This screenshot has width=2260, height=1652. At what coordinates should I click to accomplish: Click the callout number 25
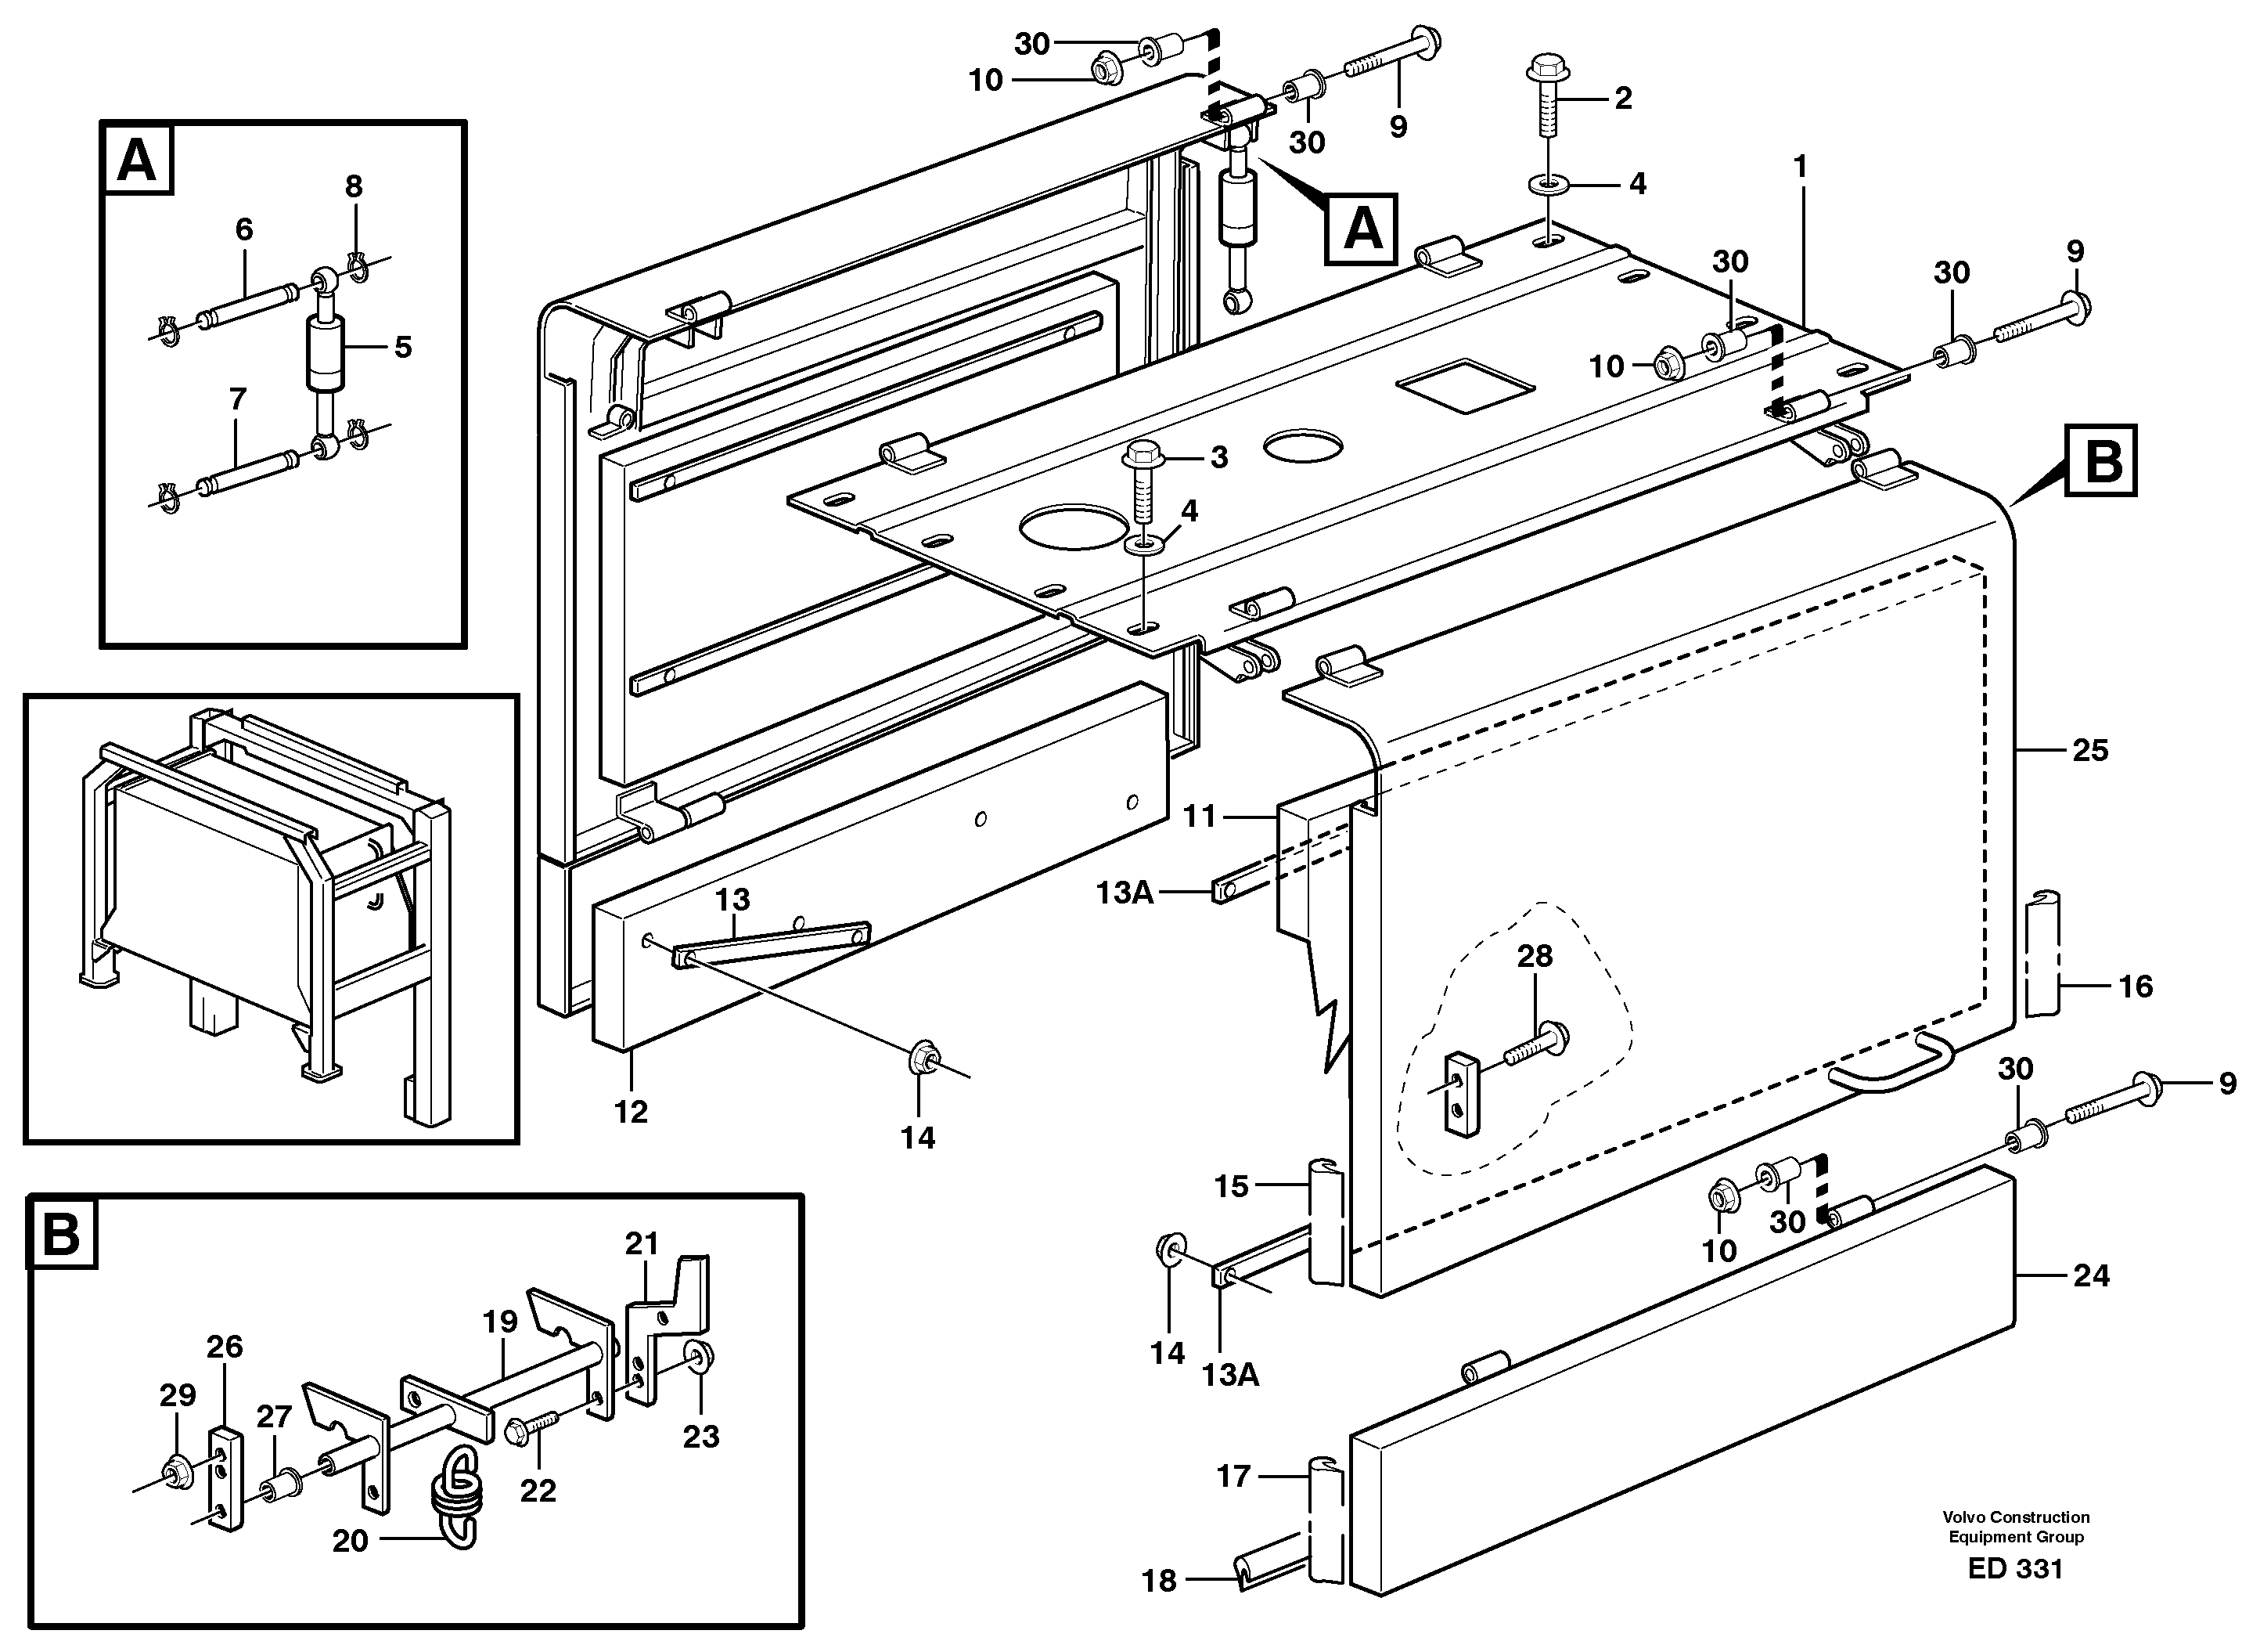click(x=2090, y=751)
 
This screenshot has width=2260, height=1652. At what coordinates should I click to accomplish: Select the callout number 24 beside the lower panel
click(x=2091, y=1276)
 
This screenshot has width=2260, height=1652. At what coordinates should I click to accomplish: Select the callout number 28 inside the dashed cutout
click(x=1535, y=957)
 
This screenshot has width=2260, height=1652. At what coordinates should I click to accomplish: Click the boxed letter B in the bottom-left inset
click(x=62, y=1233)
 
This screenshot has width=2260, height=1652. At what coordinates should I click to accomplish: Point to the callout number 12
click(x=631, y=1111)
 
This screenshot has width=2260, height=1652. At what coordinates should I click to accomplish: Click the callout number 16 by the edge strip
click(x=2135, y=987)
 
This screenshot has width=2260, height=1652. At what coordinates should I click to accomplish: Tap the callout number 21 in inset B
click(x=642, y=1244)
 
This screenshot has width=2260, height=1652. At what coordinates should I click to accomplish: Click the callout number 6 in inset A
click(x=244, y=230)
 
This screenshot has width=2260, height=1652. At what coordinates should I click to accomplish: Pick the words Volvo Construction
click(x=2015, y=1517)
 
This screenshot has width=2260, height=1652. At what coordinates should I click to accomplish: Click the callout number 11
click(x=1200, y=817)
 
